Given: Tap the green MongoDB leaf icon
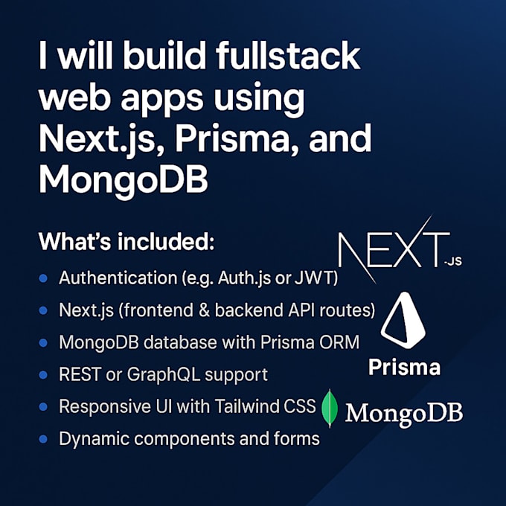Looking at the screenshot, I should click(330, 409).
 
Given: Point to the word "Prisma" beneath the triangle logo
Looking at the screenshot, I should click(404, 367).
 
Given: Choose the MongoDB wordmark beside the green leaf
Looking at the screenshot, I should click(404, 411).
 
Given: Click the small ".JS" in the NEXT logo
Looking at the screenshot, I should click(451, 261).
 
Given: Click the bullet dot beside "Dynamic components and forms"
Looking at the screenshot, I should click(42, 438).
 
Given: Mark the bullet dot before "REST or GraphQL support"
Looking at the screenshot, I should click(42, 374).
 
